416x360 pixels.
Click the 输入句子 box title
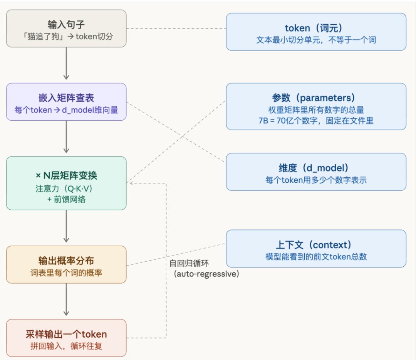(66, 25)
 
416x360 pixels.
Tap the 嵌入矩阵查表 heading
(66, 98)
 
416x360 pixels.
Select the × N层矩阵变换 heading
(66, 176)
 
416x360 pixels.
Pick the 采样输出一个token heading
(66, 334)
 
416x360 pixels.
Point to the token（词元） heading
(316, 28)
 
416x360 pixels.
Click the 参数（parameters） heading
(316, 98)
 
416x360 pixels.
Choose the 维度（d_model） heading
(316, 168)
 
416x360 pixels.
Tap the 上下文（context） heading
(316, 245)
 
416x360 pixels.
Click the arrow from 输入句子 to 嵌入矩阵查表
(66, 64)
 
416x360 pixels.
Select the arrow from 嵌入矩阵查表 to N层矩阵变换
(66, 137)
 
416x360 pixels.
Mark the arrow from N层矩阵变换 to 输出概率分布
(66, 227)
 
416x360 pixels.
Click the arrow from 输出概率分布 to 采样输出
(66, 300)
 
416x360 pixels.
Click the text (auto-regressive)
(206, 274)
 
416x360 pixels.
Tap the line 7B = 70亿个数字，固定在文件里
(316, 121)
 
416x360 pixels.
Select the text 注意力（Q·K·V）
(66, 190)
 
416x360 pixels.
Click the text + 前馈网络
(66, 200)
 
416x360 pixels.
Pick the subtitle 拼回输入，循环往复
(66, 346)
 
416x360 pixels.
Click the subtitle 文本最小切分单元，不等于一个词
(316, 40)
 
